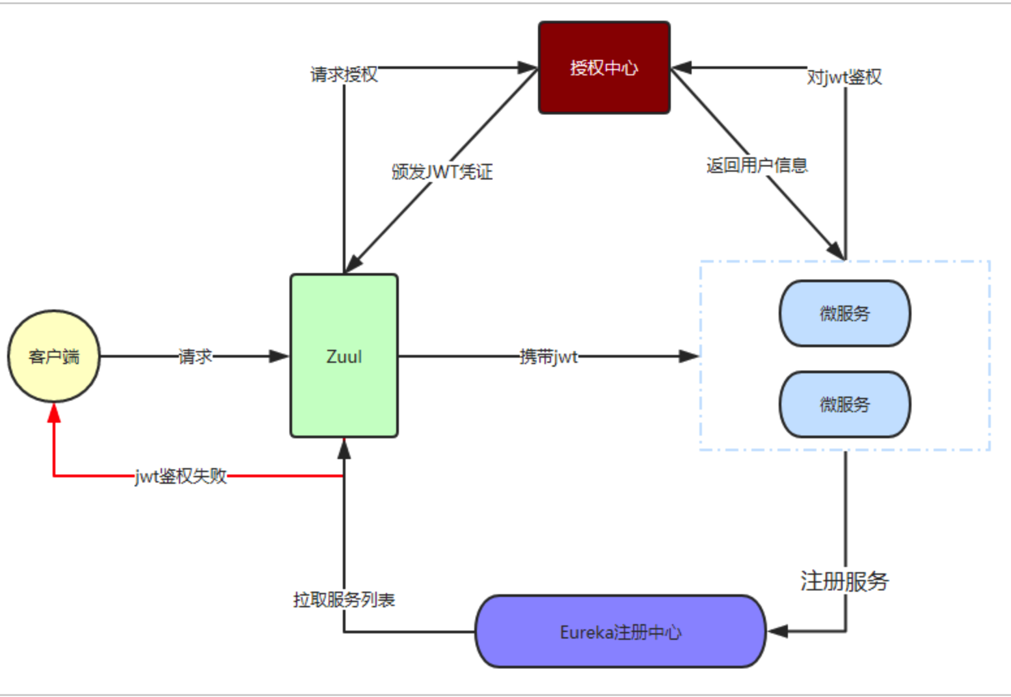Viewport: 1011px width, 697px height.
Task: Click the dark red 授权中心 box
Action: [604, 68]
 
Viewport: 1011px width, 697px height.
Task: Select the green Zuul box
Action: [344, 356]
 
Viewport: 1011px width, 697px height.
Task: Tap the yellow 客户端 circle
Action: [54, 356]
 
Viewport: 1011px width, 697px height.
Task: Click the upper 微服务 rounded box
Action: [844, 313]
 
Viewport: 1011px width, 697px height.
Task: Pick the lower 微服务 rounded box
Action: [844, 404]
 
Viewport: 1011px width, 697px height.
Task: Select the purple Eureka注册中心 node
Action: [620, 631]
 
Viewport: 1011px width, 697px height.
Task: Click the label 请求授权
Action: [344, 74]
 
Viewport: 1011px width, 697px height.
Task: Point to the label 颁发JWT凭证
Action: [442, 172]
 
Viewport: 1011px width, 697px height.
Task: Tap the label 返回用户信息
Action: [757, 165]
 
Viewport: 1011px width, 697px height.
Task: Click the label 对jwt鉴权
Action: [844, 77]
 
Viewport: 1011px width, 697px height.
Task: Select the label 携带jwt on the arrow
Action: [548, 356]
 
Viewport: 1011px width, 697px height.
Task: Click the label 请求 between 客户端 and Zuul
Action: [195, 356]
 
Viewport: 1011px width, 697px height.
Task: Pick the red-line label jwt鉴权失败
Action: [181, 476]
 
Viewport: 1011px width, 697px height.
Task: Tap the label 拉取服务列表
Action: [344, 599]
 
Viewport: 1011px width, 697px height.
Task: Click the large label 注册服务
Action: [844, 581]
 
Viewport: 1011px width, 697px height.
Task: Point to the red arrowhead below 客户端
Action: [54, 412]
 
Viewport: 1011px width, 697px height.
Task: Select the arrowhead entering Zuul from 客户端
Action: [278, 356]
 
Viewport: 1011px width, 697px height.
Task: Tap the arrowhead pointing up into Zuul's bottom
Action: [344, 449]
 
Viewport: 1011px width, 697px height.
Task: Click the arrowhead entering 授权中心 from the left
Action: [527, 68]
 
